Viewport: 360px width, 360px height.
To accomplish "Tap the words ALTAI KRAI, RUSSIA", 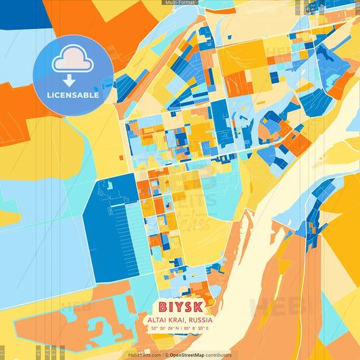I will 180,319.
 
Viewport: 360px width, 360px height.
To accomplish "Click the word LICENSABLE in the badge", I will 73,95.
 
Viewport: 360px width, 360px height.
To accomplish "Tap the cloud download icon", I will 73,60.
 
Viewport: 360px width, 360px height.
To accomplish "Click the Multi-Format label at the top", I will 179,3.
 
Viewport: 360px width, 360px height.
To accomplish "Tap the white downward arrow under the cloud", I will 69,80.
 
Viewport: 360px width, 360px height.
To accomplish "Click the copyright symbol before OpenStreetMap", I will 165,355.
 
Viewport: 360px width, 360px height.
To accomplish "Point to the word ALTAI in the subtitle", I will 158,319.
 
